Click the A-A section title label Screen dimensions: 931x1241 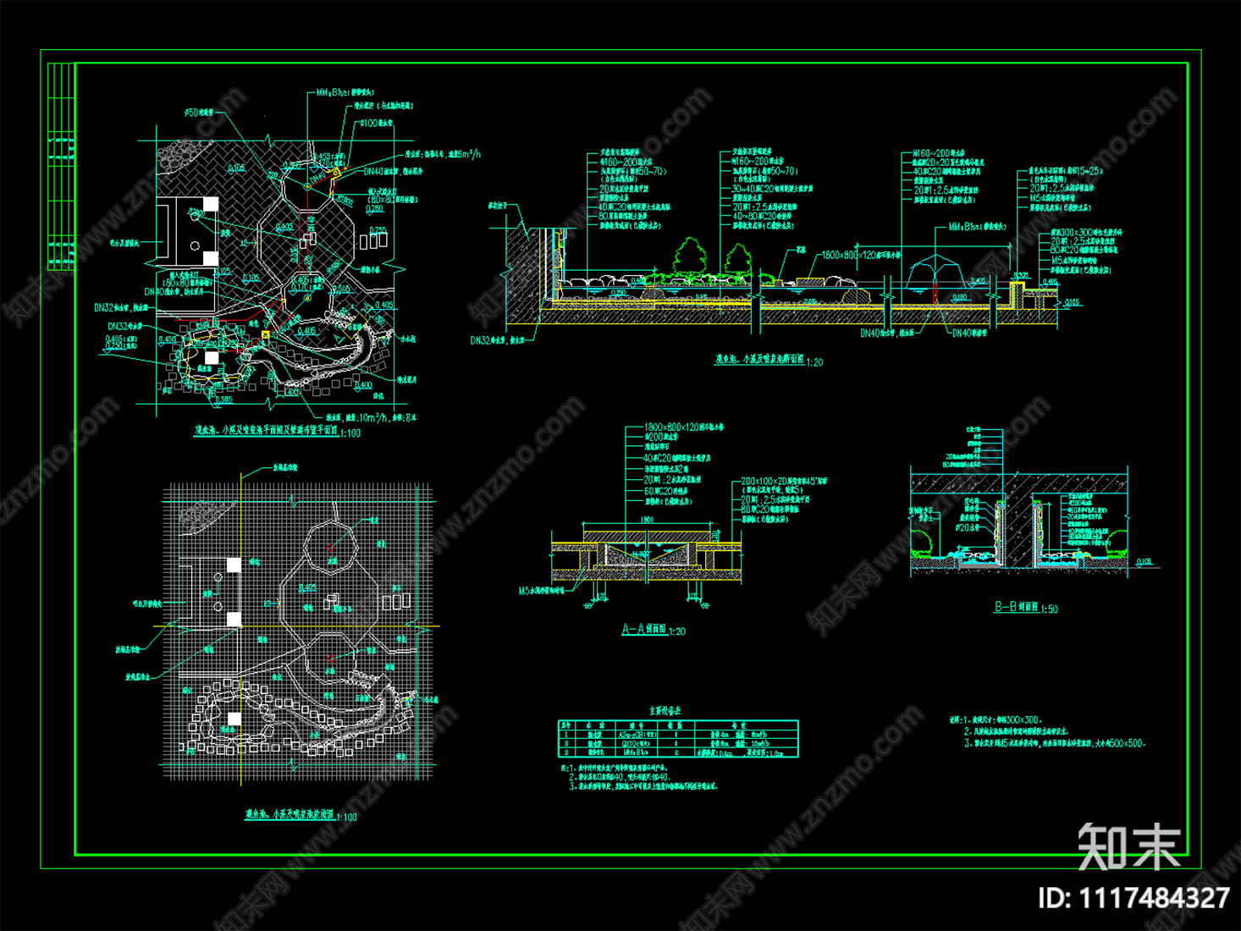click(x=643, y=630)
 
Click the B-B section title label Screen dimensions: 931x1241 click(x=1015, y=607)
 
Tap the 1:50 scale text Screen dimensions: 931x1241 click(x=1049, y=609)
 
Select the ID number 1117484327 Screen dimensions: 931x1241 click(x=1133, y=898)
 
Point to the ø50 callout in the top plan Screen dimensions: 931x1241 click(x=192, y=113)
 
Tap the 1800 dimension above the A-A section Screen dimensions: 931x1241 click(x=647, y=521)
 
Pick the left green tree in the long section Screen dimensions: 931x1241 click(x=690, y=256)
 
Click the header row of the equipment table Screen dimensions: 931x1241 click(x=677, y=725)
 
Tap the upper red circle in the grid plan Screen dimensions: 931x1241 click(x=330, y=547)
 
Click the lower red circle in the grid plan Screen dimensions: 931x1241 click(x=329, y=658)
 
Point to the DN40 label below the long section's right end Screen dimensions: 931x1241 click(x=968, y=333)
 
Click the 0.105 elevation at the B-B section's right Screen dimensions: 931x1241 click(x=1144, y=561)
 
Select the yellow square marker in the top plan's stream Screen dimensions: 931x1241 click(x=265, y=335)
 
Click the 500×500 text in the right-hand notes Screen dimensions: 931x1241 click(x=1127, y=743)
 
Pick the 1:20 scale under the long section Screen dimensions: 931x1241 click(x=814, y=362)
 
